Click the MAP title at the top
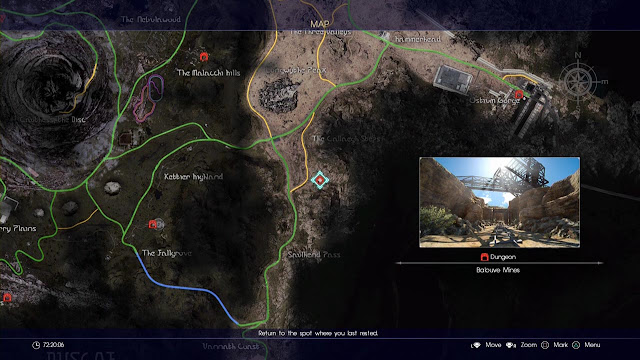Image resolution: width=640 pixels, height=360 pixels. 320,23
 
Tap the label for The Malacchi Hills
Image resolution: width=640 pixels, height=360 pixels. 209,73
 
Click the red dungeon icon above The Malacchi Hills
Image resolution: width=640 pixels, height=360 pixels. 204,56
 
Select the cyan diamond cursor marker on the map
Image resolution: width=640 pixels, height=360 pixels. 320,180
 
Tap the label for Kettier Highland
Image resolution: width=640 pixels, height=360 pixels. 192,176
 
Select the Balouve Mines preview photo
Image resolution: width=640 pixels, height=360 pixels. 499,201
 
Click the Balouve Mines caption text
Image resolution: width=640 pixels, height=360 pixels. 499,270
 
